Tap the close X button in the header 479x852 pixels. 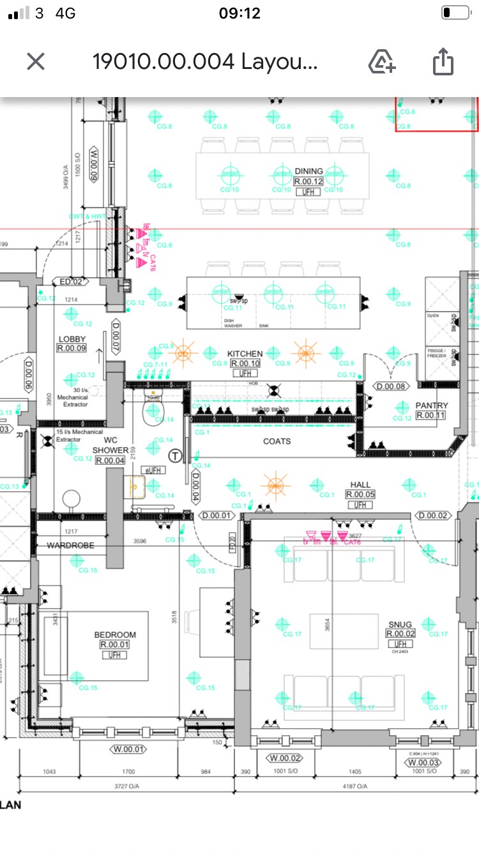click(x=36, y=62)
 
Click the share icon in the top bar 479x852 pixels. click(x=443, y=62)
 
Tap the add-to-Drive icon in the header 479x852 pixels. click(x=382, y=62)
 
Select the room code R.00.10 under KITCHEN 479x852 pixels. click(x=245, y=363)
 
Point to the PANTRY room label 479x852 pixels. click(x=432, y=405)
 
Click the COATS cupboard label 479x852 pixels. click(x=277, y=441)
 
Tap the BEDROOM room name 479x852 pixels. click(x=115, y=634)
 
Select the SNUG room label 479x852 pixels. click(x=400, y=624)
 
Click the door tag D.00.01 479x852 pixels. click(x=215, y=515)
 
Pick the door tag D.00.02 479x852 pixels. click(x=432, y=515)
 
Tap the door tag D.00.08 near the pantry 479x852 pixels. click(x=390, y=386)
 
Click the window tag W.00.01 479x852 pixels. click(x=128, y=749)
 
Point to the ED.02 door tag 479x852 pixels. click(x=71, y=282)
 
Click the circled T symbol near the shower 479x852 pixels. click(x=176, y=455)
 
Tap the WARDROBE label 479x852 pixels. click(x=70, y=545)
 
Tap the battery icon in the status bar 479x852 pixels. click(x=455, y=13)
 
